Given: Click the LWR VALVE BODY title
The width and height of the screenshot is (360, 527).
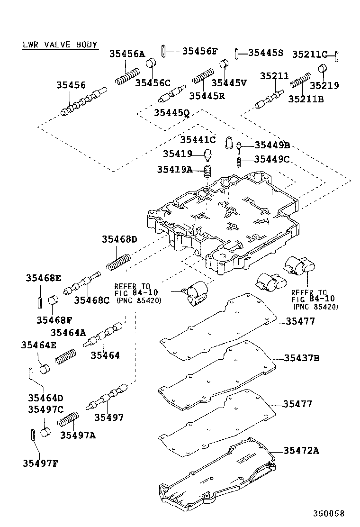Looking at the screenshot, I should point(60,45).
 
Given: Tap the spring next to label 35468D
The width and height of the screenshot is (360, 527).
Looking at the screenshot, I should point(118,262).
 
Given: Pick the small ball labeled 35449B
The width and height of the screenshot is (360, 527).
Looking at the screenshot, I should point(239,145).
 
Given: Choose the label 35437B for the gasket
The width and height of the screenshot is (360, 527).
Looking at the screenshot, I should point(302,358).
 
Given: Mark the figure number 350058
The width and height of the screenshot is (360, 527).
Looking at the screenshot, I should point(328,513).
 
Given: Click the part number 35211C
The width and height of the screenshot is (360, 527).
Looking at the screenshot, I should point(310,54).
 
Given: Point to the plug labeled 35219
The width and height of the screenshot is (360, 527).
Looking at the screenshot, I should point(322,71).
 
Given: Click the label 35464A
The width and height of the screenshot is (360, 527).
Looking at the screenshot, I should point(68,332).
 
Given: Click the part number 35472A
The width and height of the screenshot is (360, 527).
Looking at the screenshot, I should point(301,450).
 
